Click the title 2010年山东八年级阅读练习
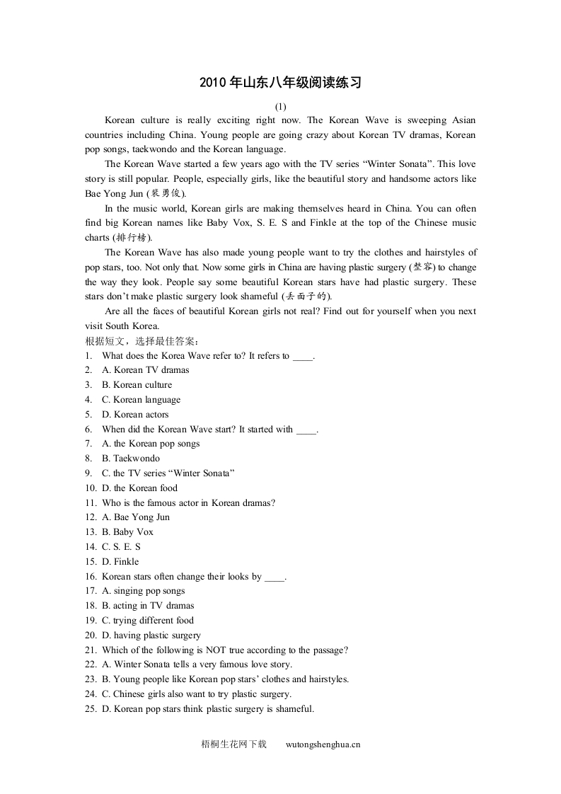coord(280,83)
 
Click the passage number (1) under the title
coord(280,106)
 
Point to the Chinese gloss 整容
coord(422,267)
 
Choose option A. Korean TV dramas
coord(146,370)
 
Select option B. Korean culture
coord(137,385)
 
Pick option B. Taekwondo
coord(131,459)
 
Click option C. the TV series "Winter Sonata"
coord(168,473)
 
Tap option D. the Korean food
coord(140,488)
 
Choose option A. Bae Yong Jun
coord(137,517)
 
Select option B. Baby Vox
coord(127,532)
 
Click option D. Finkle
coord(120,562)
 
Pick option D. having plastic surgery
coord(151,635)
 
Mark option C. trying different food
coord(148,621)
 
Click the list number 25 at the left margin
coord(90,709)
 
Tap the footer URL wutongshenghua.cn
coord(323,744)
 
